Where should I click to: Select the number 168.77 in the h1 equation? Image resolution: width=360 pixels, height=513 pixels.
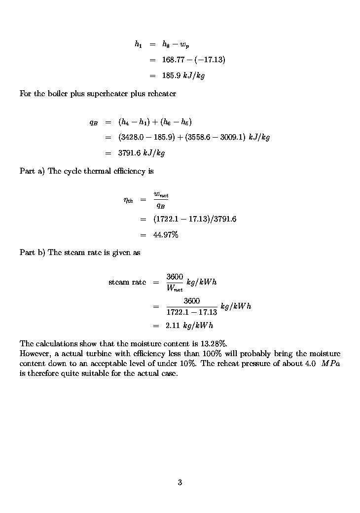[x=172, y=60]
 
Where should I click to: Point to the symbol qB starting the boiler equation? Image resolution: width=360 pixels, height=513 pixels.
[x=93, y=122]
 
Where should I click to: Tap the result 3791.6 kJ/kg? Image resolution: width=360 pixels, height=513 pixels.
[x=141, y=153]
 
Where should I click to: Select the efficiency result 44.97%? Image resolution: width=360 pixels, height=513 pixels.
[x=165, y=235]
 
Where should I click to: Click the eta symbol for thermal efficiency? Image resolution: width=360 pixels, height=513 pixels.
[x=128, y=200]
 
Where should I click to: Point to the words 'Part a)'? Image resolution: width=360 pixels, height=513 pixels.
[x=32, y=171]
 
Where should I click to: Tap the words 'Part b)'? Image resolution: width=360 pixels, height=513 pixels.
[x=33, y=253]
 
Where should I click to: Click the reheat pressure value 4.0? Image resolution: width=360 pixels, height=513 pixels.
[x=310, y=364]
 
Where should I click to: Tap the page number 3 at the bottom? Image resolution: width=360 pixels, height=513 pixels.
[x=180, y=482]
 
